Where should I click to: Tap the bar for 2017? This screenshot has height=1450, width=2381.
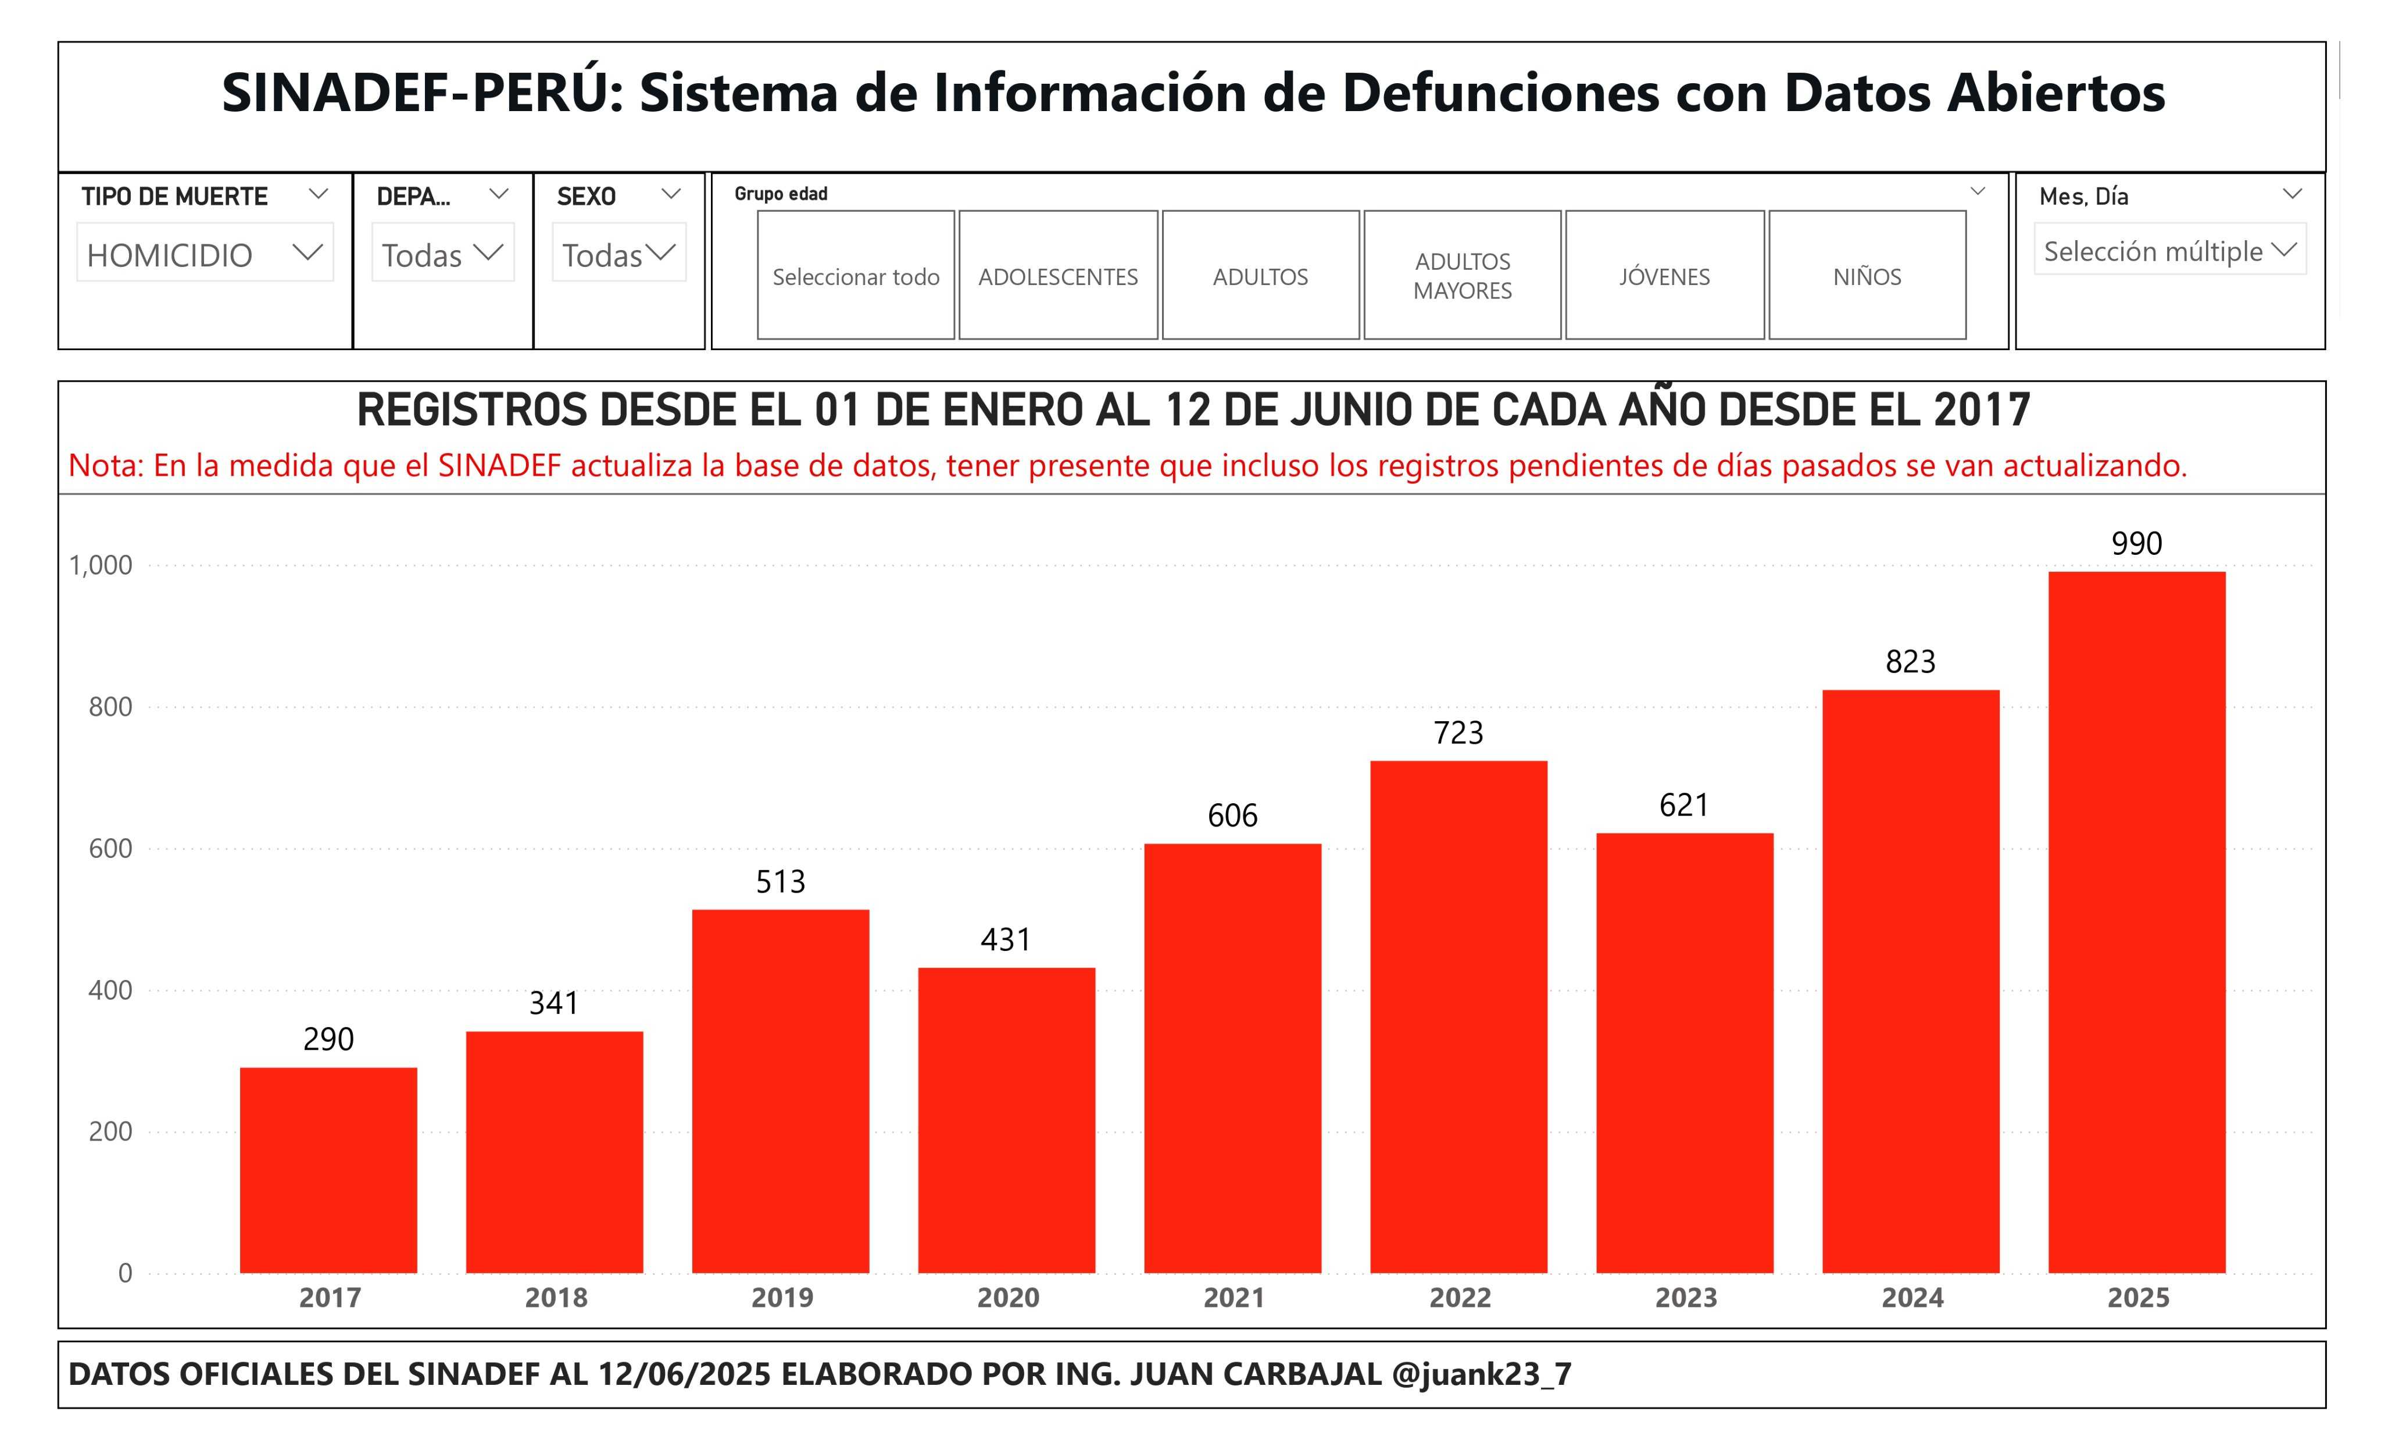pyautogui.click(x=328, y=1170)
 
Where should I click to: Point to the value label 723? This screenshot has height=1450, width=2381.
pyautogui.click(x=1458, y=733)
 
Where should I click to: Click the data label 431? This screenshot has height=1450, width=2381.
pyautogui.click(x=1006, y=939)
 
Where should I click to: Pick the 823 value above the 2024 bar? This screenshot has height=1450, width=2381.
pyautogui.click(x=1910, y=662)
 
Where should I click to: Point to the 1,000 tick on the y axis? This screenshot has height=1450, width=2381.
pyautogui.click(x=101, y=565)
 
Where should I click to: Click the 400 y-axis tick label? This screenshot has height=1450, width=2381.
pyautogui.click(x=110, y=990)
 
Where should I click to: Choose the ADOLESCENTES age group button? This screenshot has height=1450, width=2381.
pyautogui.click(x=1058, y=276)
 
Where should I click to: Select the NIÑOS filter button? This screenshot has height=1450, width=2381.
pyautogui.click(x=1867, y=276)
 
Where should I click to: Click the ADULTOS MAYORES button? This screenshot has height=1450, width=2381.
pyautogui.click(x=1462, y=276)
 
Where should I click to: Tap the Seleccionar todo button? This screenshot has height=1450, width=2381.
pyautogui.click(x=855, y=276)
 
